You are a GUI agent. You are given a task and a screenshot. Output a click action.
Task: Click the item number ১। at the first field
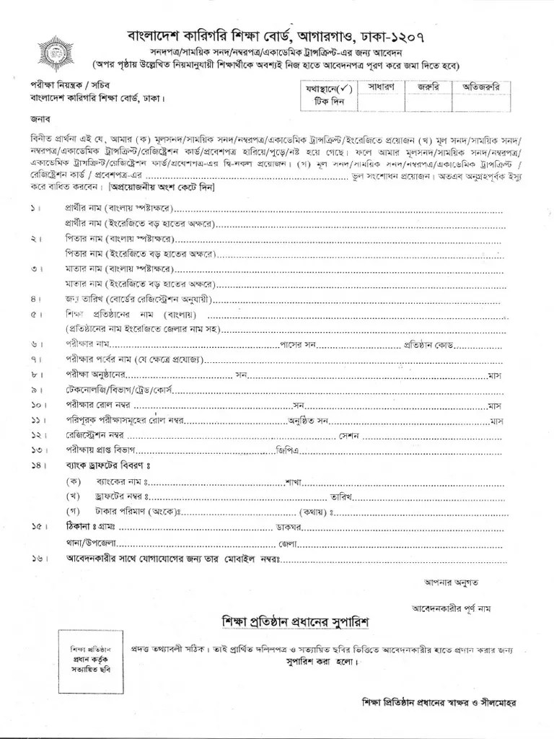[x=36, y=209]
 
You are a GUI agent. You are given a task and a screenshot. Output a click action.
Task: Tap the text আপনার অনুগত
[x=441, y=580]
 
